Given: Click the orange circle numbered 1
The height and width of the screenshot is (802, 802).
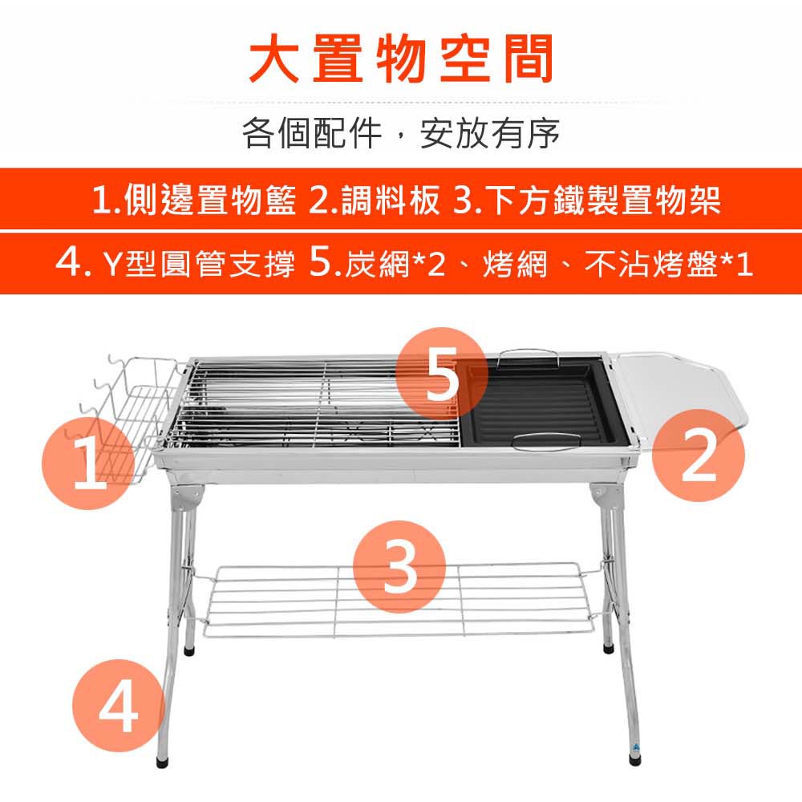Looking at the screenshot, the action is pyautogui.click(x=88, y=463).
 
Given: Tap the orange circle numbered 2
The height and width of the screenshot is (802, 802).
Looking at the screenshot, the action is pyautogui.click(x=699, y=455).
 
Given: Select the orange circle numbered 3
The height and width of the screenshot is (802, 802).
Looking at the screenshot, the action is pyautogui.click(x=399, y=567).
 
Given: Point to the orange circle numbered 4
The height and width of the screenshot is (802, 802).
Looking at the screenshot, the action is pyautogui.click(x=118, y=705).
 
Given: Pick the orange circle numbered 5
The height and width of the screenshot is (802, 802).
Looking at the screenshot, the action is pyautogui.click(x=442, y=374).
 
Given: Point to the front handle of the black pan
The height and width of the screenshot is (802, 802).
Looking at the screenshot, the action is pyautogui.click(x=547, y=442).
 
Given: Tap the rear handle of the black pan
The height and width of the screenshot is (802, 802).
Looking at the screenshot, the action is pyautogui.click(x=529, y=357).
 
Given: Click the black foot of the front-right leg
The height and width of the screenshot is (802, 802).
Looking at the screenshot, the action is pyautogui.click(x=634, y=760).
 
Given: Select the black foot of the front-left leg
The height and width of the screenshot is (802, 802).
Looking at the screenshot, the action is pyautogui.click(x=162, y=762).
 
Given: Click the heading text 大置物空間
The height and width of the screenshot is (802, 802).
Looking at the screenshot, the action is pyautogui.click(x=401, y=59).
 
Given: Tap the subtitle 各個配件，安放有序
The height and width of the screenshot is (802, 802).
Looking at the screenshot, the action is pyautogui.click(x=401, y=133).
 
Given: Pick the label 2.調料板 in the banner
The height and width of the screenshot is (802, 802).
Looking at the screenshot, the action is pyautogui.click(x=375, y=199).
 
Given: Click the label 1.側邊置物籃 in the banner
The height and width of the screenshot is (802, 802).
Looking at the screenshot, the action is pyautogui.click(x=194, y=199).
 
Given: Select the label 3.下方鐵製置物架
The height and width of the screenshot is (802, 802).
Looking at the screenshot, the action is pyautogui.click(x=587, y=199).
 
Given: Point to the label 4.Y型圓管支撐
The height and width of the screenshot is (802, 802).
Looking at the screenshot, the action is pyautogui.click(x=176, y=263).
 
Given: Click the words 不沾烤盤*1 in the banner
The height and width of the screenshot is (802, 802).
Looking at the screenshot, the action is pyautogui.click(x=668, y=264).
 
